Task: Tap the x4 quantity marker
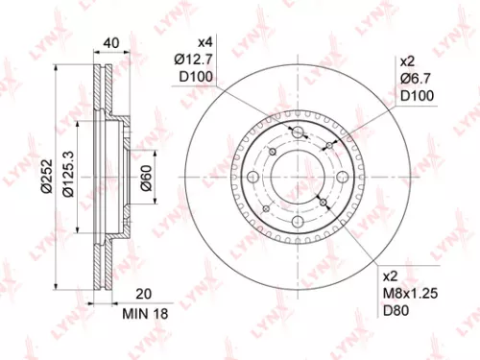point(204,43)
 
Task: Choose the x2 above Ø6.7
point(406,60)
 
